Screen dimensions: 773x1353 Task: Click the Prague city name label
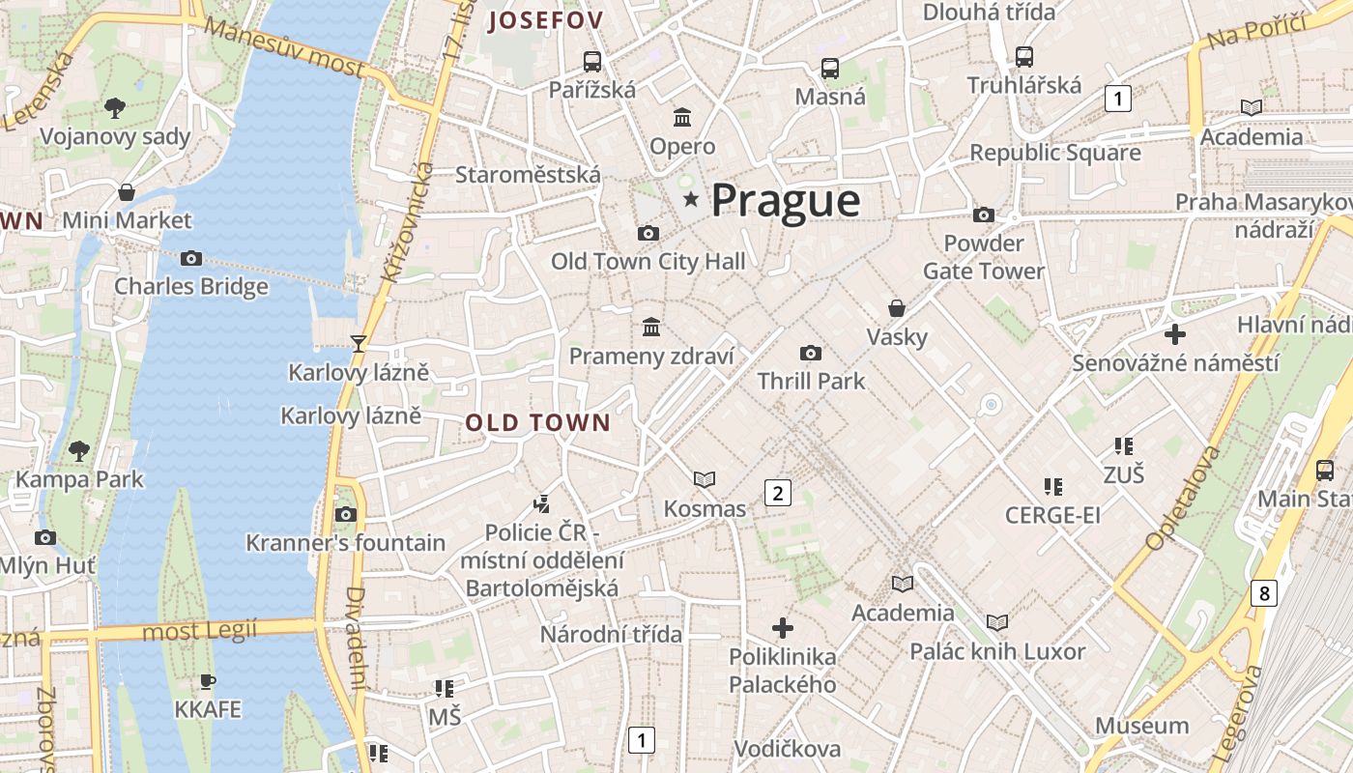point(786,201)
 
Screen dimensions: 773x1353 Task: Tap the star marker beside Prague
point(691,199)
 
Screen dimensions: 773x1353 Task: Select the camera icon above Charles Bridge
point(191,258)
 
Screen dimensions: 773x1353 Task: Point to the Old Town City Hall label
point(648,261)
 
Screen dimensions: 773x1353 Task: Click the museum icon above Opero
point(682,118)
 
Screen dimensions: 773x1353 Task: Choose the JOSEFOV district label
point(546,20)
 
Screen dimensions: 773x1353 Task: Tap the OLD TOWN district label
point(538,422)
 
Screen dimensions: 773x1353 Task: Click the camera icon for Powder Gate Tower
point(984,215)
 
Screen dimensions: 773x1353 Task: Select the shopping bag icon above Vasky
point(897,308)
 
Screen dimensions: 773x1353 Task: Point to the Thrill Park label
point(811,381)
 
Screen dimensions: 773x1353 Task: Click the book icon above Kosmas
point(705,479)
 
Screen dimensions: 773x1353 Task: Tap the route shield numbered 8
point(1264,592)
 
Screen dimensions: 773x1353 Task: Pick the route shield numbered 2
point(777,493)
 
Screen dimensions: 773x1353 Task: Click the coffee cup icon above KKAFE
point(207,681)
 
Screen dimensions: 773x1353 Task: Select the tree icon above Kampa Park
point(79,450)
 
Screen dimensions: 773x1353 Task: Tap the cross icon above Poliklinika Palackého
point(783,628)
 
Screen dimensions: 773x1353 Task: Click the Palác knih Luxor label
point(997,651)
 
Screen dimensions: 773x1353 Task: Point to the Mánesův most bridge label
point(284,47)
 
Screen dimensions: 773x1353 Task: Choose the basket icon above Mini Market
point(127,191)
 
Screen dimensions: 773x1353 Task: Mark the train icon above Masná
point(829,68)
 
